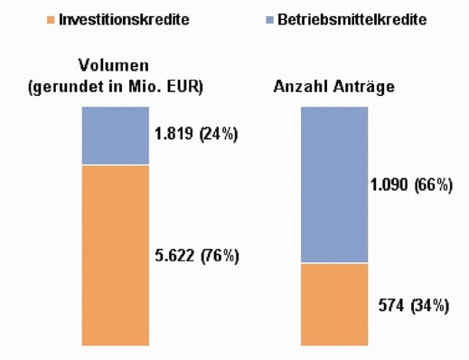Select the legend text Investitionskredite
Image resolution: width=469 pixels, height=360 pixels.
[x=124, y=19]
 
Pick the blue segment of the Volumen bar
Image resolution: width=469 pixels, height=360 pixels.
[x=115, y=135]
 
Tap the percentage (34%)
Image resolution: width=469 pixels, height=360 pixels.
[x=429, y=305]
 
